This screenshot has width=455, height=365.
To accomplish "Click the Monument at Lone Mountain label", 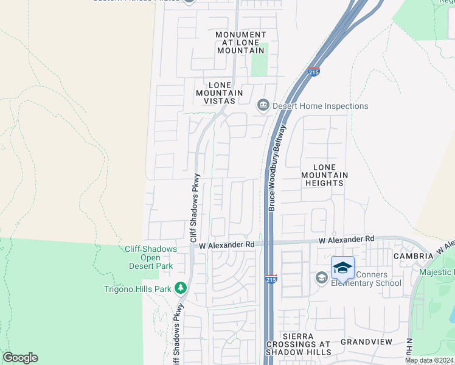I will [241, 43].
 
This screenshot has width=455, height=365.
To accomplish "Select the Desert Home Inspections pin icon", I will [263, 106].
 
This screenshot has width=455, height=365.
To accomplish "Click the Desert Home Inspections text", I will [320, 106].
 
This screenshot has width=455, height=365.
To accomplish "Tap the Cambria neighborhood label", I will [412, 256].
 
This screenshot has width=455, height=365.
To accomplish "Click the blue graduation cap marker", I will [343, 268].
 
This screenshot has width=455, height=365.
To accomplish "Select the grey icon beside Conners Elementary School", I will [321, 278].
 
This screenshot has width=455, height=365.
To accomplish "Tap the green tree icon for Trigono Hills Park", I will [180, 288].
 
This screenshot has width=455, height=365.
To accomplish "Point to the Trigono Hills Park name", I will [137, 289].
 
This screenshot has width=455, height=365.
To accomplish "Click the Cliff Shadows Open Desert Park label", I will [151, 257].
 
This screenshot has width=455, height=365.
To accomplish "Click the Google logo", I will [20, 358].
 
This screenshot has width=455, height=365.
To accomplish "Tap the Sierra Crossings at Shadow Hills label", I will [298, 344].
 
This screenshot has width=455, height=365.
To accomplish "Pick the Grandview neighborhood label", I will [366, 342].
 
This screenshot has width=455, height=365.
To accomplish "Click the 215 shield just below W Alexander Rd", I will [271, 279].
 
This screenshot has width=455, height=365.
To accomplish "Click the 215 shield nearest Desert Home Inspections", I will [314, 72].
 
